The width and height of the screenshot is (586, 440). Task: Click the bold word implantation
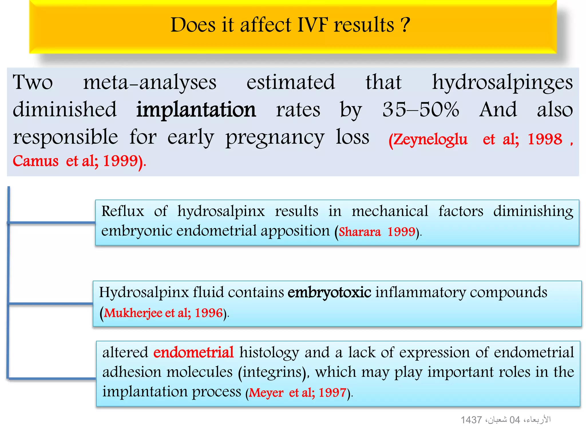pos(196,110)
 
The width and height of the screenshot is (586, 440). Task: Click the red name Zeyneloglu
pos(428,140)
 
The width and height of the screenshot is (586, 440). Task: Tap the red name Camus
pos(36,161)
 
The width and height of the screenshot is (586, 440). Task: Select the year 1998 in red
pos(545,140)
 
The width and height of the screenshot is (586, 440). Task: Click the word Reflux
pos(123,211)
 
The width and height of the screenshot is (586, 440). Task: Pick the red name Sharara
pos(360,232)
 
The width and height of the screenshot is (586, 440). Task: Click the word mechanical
pos(390,211)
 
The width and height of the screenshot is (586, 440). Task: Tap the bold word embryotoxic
pos(329,292)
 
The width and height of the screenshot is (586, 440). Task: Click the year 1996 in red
pos(209,313)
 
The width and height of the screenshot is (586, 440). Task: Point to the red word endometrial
pos(193,352)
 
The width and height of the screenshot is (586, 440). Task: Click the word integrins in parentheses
pos(272,372)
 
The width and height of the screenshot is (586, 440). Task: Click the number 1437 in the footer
pos(471,420)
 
